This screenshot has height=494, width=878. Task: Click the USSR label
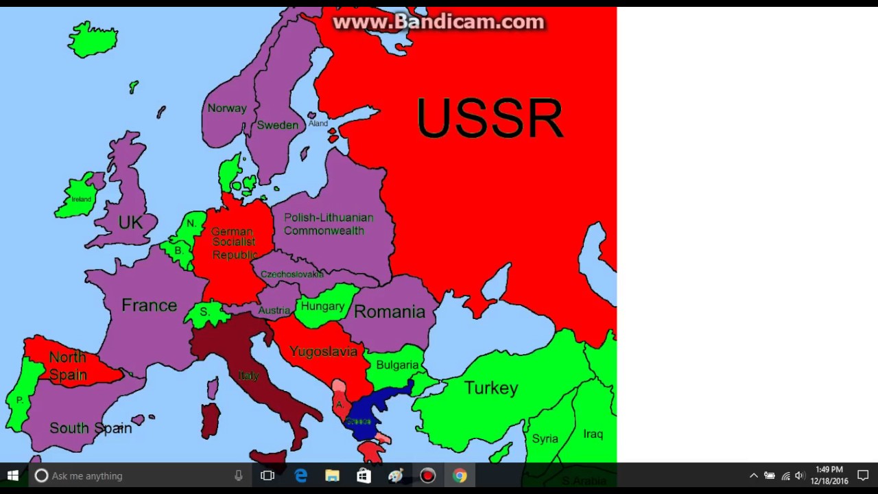489,119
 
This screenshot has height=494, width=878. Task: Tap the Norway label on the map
226,108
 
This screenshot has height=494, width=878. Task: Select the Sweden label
277,125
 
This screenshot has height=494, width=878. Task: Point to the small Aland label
318,123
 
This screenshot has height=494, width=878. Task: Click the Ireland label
81,199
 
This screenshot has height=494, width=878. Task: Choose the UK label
130,222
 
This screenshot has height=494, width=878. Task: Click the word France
149,305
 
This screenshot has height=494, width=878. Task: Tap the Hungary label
322,306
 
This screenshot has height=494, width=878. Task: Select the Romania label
390,312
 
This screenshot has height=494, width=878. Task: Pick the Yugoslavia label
323,351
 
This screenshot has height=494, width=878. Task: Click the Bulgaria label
396,365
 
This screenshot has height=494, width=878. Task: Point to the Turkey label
490,388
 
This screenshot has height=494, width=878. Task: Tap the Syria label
545,438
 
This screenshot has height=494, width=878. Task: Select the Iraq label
593,434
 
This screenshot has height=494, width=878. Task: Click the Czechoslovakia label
292,274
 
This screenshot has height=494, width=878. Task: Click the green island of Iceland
93,39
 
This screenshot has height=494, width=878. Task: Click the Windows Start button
12,475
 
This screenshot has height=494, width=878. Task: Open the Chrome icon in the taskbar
460,475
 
